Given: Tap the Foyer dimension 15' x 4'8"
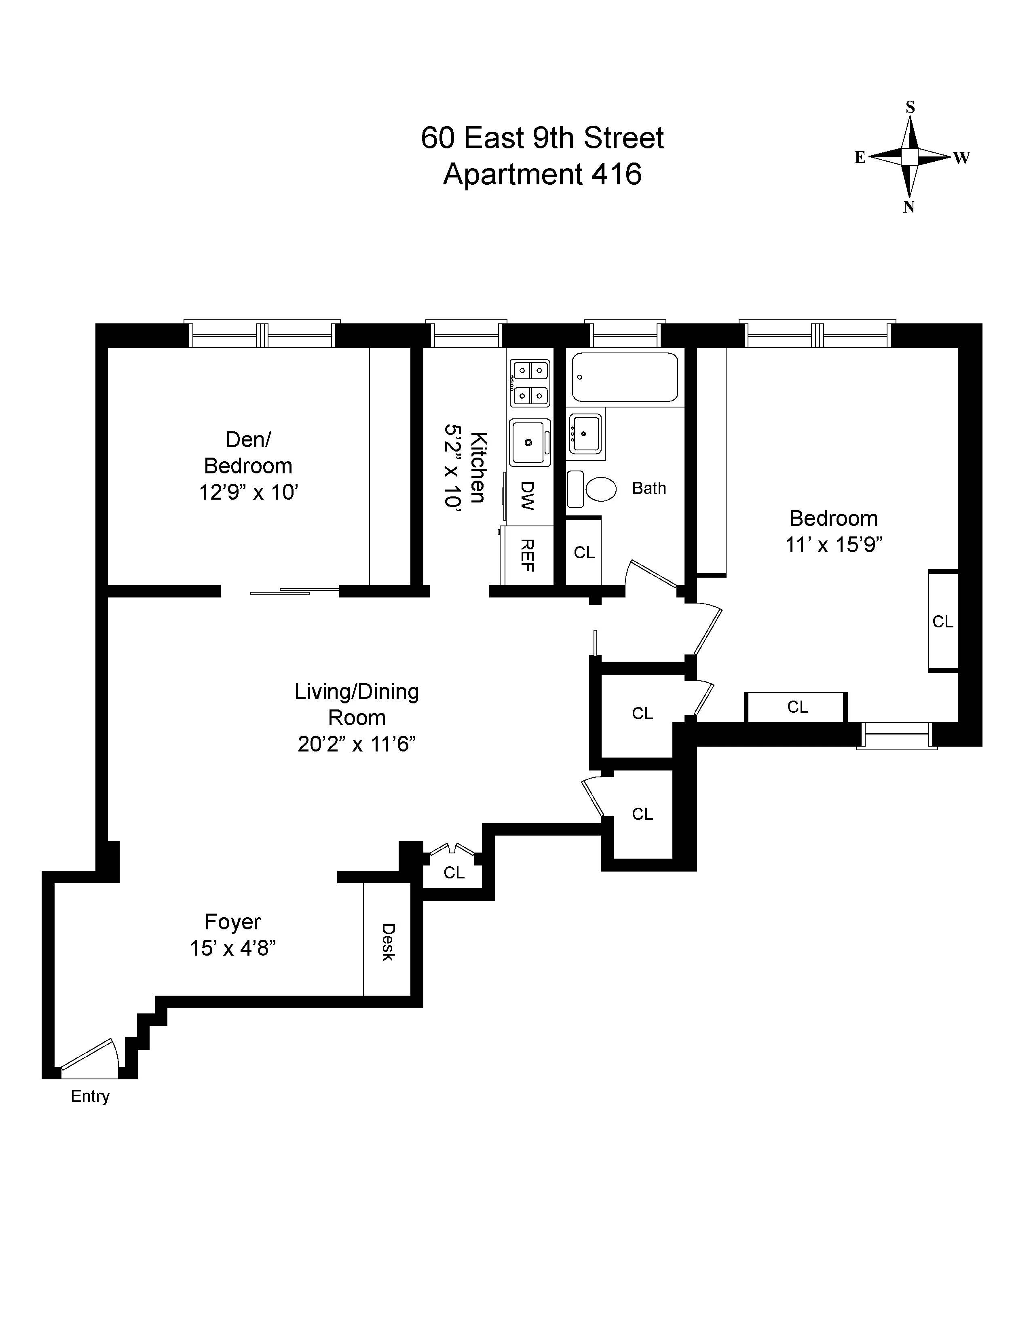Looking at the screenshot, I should (233, 949).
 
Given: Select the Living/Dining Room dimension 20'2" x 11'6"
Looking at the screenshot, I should (357, 744).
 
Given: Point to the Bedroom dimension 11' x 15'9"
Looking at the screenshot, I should (834, 544).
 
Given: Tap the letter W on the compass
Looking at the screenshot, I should (961, 158).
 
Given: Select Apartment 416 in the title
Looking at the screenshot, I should (542, 174).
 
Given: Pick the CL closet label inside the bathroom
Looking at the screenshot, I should (584, 552).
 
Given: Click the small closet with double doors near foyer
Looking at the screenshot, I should (454, 872).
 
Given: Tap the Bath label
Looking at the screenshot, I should (649, 488).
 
